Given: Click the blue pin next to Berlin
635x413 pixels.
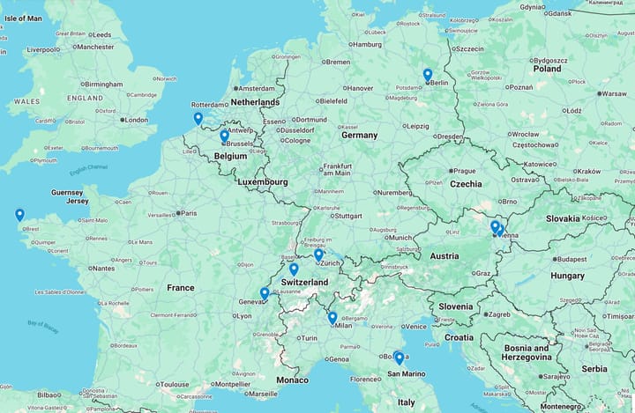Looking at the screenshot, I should click(427, 75).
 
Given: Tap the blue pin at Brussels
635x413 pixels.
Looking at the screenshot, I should click(224, 136).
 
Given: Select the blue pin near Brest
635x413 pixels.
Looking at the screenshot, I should click(19, 214).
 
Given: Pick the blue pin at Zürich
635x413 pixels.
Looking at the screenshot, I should click(318, 254).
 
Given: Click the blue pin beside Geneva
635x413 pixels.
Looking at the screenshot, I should click(265, 293).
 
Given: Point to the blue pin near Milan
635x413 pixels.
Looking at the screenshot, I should click(332, 317).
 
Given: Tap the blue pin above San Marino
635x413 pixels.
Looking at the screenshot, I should click(399, 358).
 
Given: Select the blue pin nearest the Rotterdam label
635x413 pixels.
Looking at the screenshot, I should click(198, 118).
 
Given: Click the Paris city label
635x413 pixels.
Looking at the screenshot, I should click(189, 212).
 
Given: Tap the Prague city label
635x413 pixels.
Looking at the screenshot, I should click(465, 171).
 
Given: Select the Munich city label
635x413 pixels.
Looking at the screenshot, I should click(400, 237).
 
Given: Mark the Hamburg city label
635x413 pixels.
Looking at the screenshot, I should click(365, 44).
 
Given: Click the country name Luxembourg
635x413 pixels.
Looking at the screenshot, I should click(262, 181).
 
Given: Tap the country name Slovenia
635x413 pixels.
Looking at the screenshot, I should click(455, 306).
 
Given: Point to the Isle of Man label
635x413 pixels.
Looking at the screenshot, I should click(22, 18).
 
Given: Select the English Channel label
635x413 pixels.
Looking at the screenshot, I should click(90, 167).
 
